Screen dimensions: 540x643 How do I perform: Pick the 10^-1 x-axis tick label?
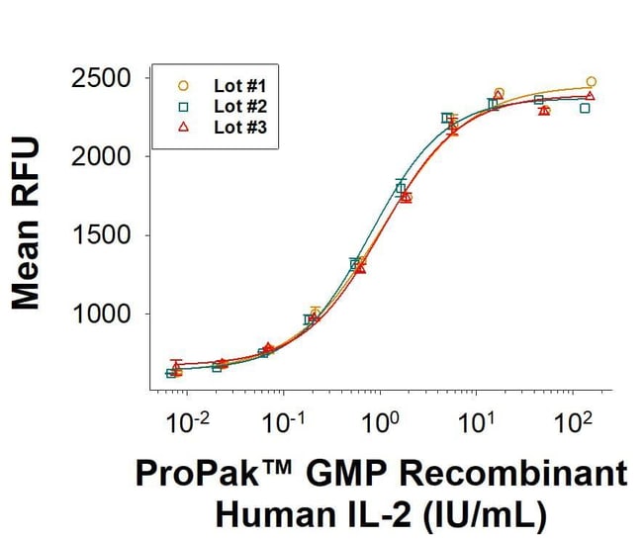point(283,424)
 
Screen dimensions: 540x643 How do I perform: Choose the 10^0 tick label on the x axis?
point(380,424)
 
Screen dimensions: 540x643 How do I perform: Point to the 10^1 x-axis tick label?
point(476,424)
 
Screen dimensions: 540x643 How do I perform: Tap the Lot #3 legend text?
point(235,127)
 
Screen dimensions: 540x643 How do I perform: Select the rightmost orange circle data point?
point(591,82)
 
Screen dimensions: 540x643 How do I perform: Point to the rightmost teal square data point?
point(585,108)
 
